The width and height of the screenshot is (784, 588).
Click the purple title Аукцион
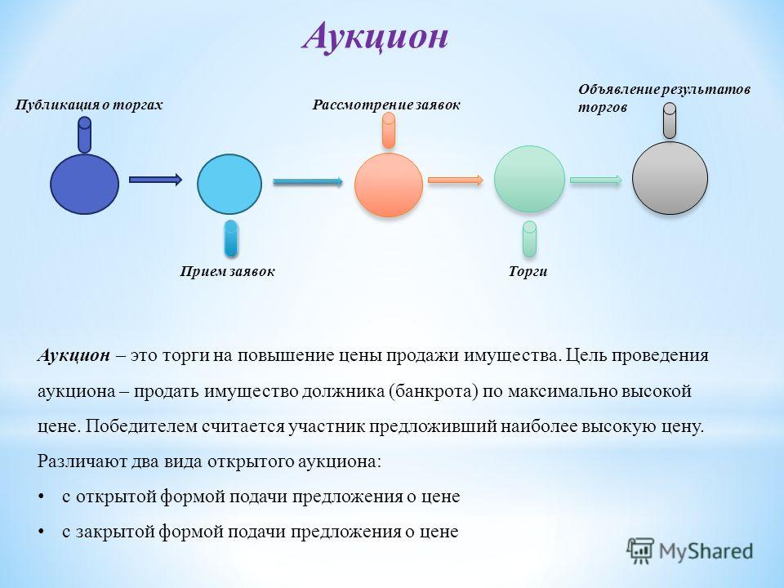(375, 37)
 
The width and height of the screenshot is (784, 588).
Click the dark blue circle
(84, 184)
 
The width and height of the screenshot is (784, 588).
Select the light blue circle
(229, 184)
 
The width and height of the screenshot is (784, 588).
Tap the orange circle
(389, 185)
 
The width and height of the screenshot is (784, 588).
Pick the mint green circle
(529, 179)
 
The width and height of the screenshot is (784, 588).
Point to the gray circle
(670, 178)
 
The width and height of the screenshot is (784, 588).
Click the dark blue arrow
(155, 180)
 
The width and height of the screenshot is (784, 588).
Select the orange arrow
(456, 180)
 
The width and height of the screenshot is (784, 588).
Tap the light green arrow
(596, 180)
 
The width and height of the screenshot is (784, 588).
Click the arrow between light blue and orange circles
(308, 181)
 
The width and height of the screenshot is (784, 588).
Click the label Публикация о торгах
(89, 105)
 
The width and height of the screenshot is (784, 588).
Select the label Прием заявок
(228, 271)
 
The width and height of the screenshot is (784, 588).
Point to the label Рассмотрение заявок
(386, 105)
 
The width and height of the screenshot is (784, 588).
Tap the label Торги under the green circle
(528, 271)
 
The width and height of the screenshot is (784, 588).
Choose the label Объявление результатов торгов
(665, 99)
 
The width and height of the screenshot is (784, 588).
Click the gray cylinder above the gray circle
(670, 121)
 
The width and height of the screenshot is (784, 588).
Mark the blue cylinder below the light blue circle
(231, 238)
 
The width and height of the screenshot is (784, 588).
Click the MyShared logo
(690, 551)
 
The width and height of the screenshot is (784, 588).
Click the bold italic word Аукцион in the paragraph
(73, 355)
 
